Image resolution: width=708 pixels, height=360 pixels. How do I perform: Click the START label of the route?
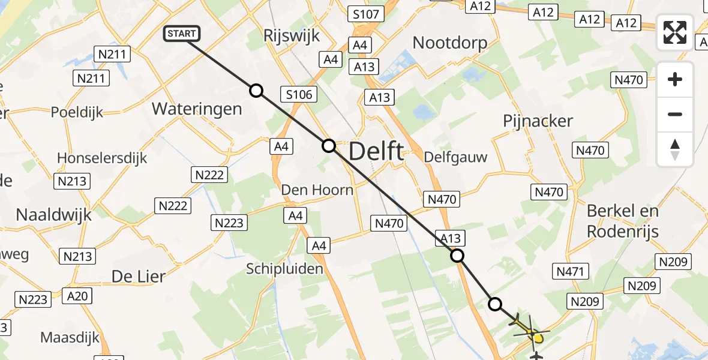tap(182, 34)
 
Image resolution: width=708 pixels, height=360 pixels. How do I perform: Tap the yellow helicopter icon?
tap(531, 329)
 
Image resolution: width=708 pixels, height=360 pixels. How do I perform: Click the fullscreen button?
tap(675, 32)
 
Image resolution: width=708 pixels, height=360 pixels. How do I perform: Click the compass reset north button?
tap(675, 149)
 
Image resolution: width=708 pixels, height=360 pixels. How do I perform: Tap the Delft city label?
tap(376, 151)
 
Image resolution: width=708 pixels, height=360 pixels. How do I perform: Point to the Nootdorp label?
tap(450, 43)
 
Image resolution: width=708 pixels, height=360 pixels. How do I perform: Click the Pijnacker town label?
tap(538, 121)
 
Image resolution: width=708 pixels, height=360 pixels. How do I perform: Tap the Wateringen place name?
tap(197, 109)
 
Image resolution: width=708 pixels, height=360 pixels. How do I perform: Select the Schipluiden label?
tap(284, 269)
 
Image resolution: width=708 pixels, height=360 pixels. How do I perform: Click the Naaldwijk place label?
tap(54, 214)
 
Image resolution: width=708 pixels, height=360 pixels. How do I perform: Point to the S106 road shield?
tap(299, 94)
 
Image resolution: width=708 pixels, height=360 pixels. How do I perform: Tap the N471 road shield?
tap(570, 272)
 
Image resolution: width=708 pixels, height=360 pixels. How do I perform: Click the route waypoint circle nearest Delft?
tap(329, 145)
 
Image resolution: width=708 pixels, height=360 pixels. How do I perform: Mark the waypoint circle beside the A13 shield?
tap(457, 256)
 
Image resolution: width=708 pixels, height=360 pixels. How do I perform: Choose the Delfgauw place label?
tap(455, 157)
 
